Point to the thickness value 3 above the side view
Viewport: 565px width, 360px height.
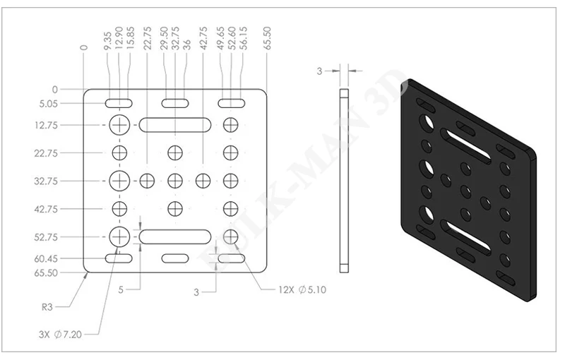tap(319, 70)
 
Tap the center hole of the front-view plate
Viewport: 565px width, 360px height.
tap(175, 180)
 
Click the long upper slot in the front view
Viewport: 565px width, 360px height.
tap(175, 125)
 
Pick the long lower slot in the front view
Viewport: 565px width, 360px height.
tap(175, 236)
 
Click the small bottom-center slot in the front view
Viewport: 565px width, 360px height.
tap(175, 259)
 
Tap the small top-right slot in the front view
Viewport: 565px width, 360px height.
tap(231, 104)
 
